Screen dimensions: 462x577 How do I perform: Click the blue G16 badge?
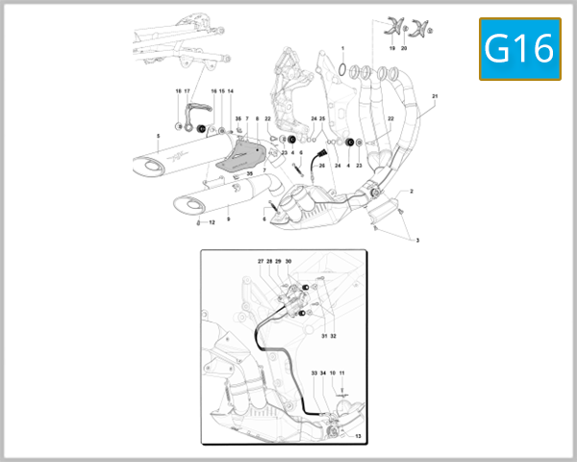pyautogui.click(x=519, y=48)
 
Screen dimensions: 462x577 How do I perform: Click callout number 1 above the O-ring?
pyautogui.click(x=341, y=47)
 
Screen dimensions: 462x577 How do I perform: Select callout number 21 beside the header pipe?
pyautogui.click(x=435, y=97)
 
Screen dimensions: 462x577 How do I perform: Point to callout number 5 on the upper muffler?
pyautogui.click(x=158, y=136)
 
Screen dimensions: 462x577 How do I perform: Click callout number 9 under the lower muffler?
pyautogui.click(x=228, y=219)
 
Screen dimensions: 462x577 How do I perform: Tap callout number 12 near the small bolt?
pyautogui.click(x=213, y=223)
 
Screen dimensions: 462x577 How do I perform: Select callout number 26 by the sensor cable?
pyautogui.click(x=322, y=166)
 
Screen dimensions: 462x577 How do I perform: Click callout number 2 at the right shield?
pyautogui.click(x=411, y=192)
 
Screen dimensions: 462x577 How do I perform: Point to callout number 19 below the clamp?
pyautogui.click(x=391, y=47)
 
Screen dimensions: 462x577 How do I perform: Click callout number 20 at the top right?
pyautogui.click(x=405, y=47)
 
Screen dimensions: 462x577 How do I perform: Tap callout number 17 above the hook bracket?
pyautogui.click(x=188, y=90)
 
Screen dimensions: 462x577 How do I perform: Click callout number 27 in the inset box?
pyautogui.click(x=260, y=261)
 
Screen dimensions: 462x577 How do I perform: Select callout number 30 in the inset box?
pyautogui.click(x=288, y=261)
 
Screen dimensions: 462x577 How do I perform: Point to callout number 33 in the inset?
pyautogui.click(x=314, y=372)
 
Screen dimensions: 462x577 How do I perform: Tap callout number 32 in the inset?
pyautogui.click(x=334, y=336)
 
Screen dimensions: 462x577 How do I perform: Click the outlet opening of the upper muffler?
pyautogui.click(x=150, y=168)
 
